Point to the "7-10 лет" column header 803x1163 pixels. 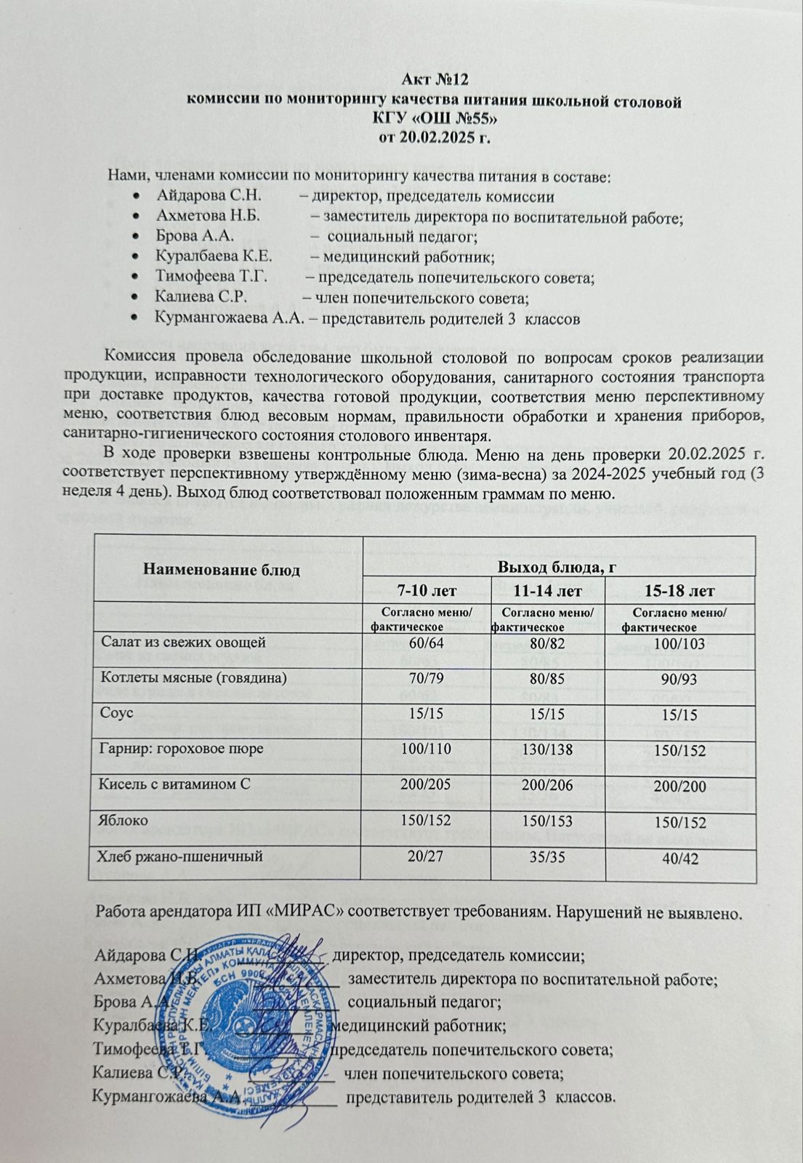coord(427,589)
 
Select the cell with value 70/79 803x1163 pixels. coord(427,678)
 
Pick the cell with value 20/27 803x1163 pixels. coord(427,857)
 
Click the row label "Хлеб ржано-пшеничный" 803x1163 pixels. coord(179,857)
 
